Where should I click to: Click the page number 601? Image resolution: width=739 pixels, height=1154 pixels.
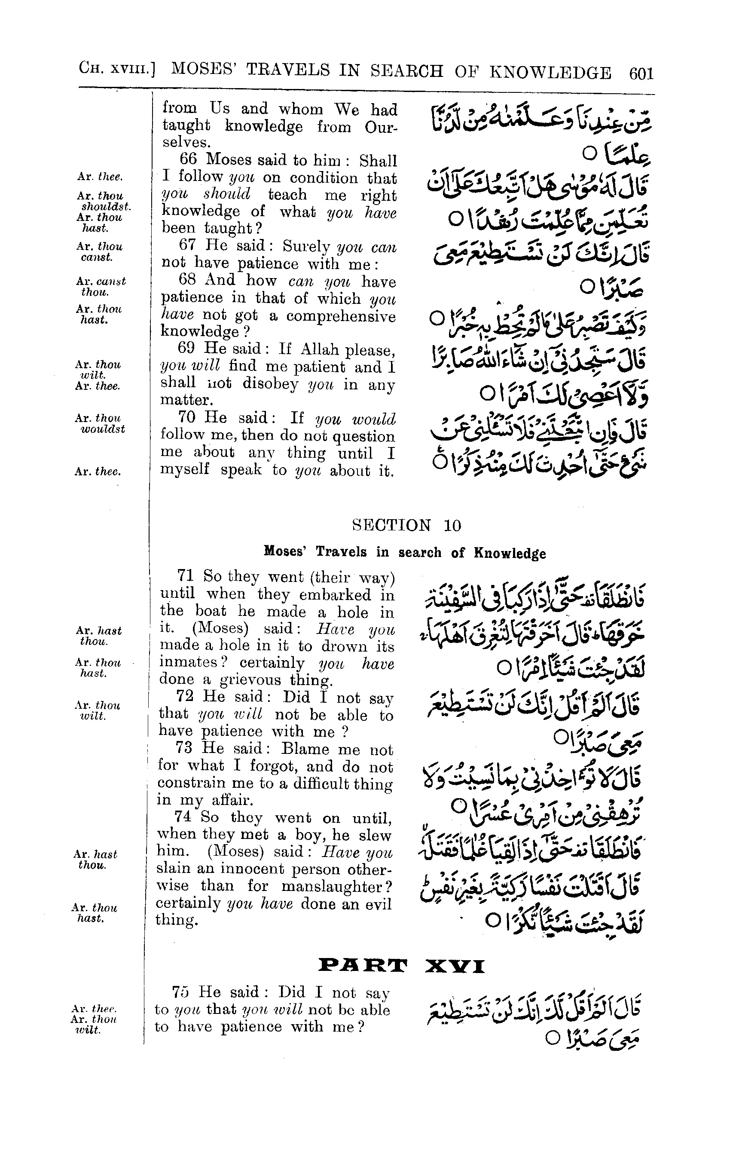coord(641,73)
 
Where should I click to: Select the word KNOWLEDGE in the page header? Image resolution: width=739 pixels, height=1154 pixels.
coord(550,72)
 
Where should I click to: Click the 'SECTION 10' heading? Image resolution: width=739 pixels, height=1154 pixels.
coord(406,525)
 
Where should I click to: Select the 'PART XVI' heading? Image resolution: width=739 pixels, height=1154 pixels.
coord(402,965)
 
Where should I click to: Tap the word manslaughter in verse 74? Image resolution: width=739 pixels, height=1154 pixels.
coord(336,886)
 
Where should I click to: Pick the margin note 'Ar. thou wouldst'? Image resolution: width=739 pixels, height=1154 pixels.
coord(100,423)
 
